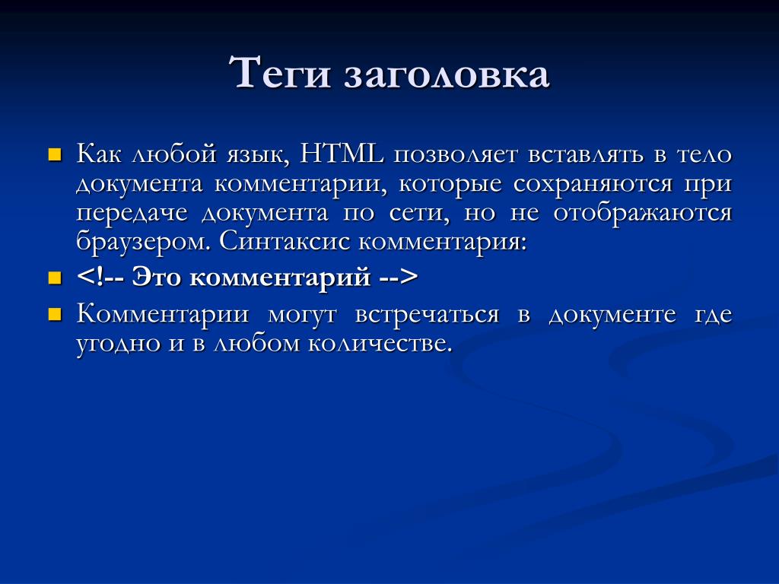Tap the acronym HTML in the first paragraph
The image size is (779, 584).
click(342, 154)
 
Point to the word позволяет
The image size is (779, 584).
click(456, 155)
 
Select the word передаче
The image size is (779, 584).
click(132, 214)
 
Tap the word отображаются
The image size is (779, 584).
click(643, 213)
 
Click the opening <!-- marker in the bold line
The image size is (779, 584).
click(100, 277)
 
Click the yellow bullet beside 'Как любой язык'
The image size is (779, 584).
click(54, 155)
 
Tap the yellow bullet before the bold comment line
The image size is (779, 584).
click(54, 278)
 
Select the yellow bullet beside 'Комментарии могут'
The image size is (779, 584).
click(54, 315)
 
